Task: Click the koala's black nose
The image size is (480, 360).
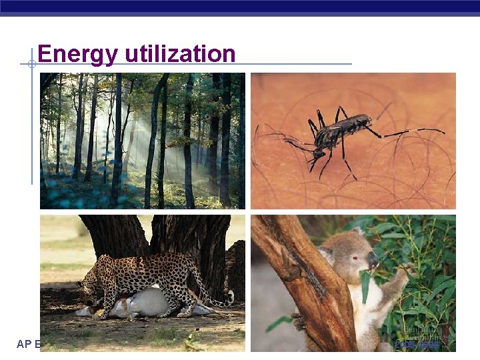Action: click(x=373, y=258)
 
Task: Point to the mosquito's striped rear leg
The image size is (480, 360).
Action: click(x=413, y=131)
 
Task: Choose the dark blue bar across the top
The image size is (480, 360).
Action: click(x=240, y=6)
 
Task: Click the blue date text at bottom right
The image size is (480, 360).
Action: click(x=417, y=345)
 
